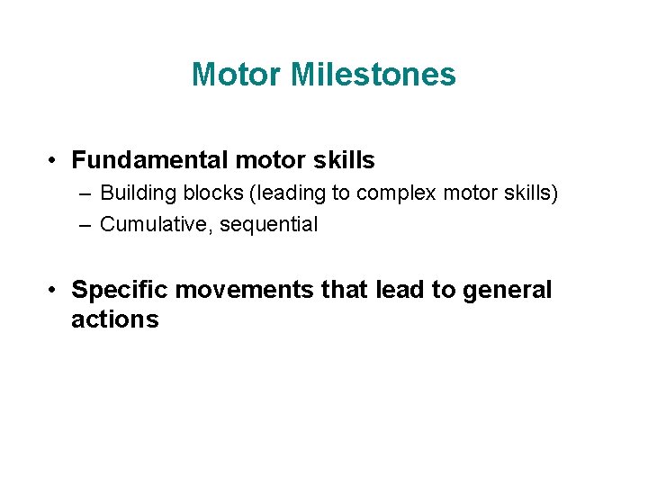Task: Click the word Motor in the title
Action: coord(236,75)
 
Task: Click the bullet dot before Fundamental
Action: coord(55,161)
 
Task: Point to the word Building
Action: coord(133,193)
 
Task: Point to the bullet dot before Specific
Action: coord(55,291)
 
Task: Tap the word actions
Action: coord(114,319)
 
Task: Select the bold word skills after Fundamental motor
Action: coord(344,161)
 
